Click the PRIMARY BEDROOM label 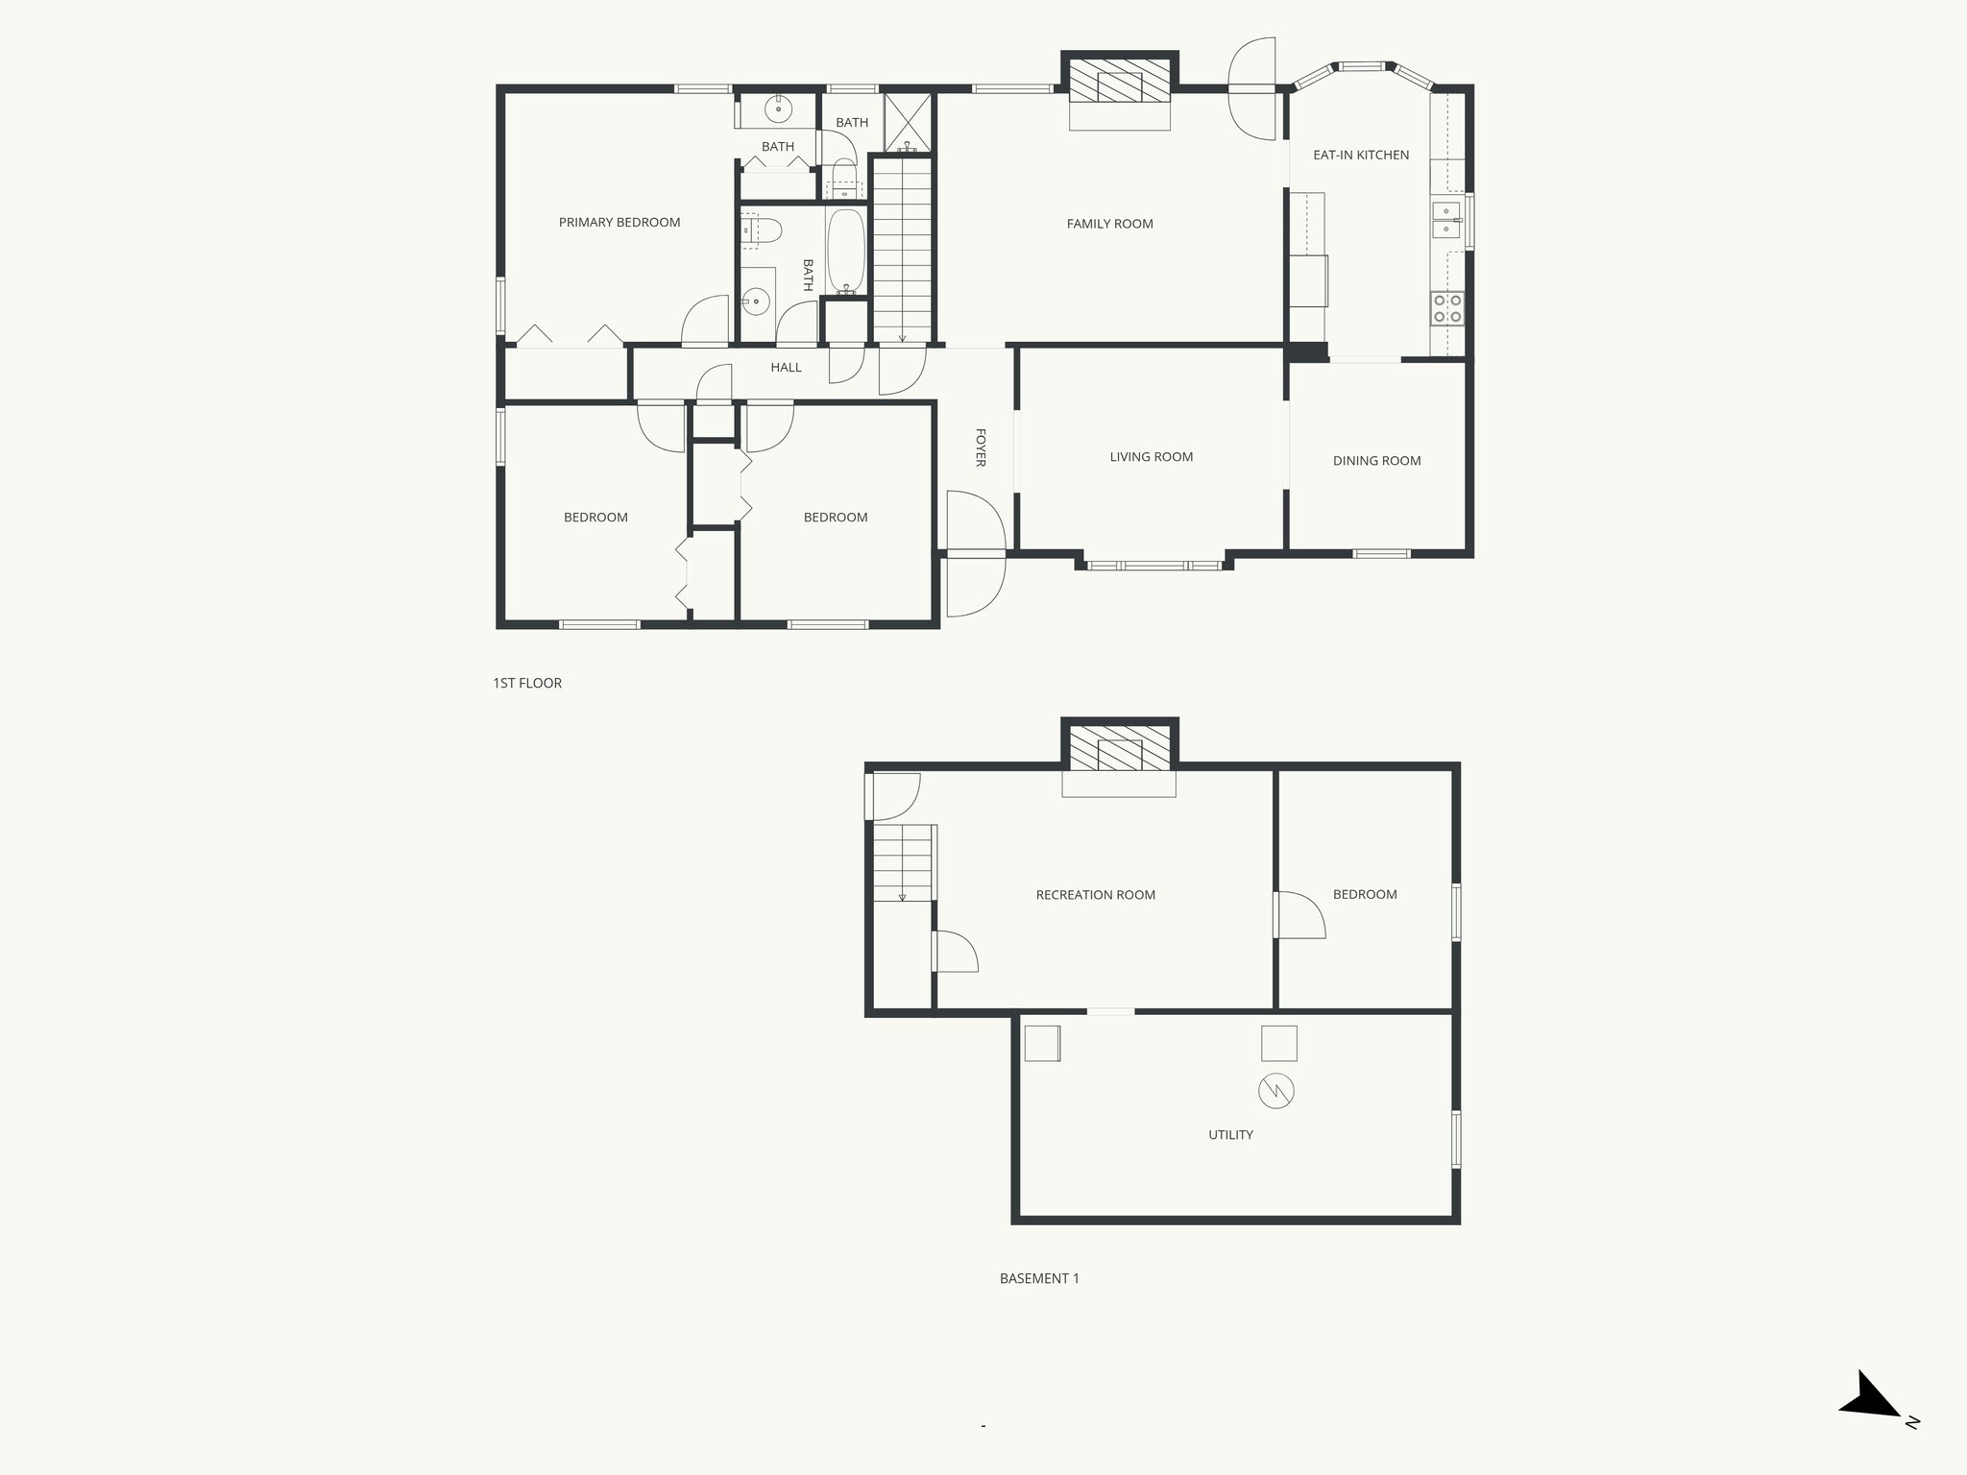[x=619, y=223]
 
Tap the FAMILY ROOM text [x=1109, y=224]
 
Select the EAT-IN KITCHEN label [x=1361, y=155]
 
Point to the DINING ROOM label [x=1376, y=461]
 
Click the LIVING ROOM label [x=1151, y=457]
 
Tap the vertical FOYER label [x=981, y=447]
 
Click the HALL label [x=786, y=368]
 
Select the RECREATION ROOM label [x=1095, y=895]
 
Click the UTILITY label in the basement [x=1230, y=1135]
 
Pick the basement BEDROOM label [x=1364, y=894]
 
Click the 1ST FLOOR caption [x=527, y=684]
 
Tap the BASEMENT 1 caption [x=1039, y=1279]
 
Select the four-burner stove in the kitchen [x=1447, y=308]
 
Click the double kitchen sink [x=1445, y=220]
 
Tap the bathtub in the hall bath [x=846, y=252]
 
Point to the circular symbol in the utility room [x=1276, y=1091]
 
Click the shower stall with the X [x=907, y=122]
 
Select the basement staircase [x=903, y=862]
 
